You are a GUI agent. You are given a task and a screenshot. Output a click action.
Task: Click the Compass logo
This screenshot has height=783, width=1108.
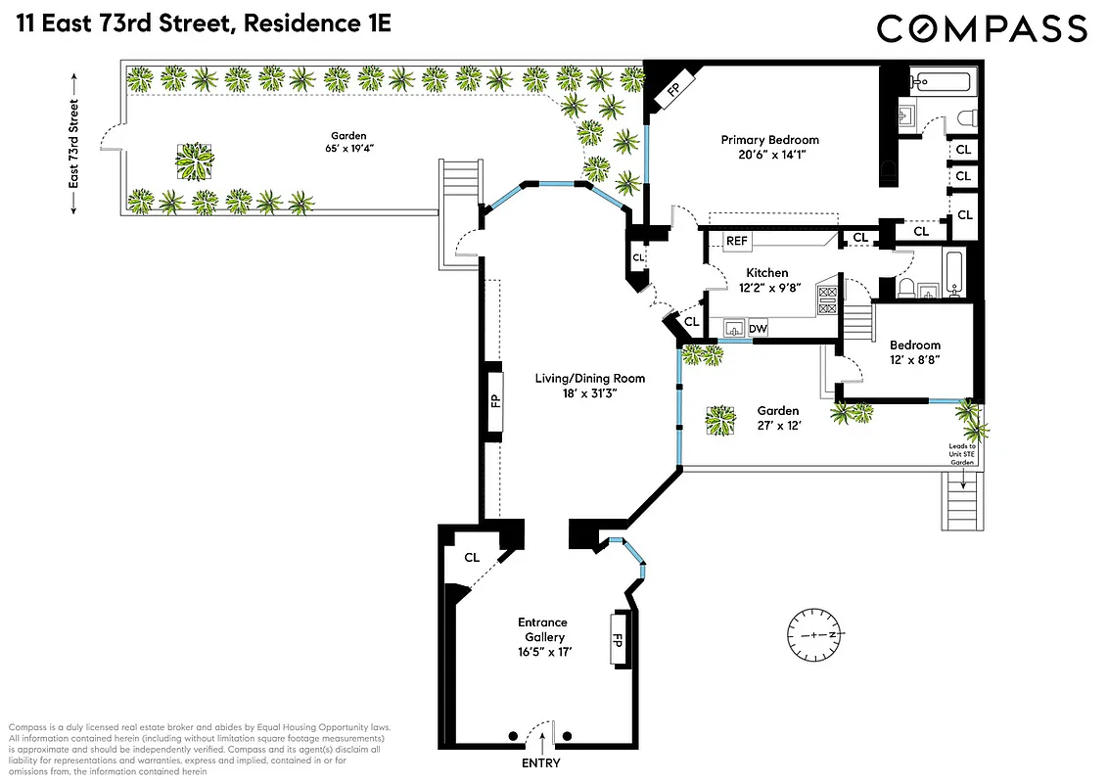[x=981, y=28]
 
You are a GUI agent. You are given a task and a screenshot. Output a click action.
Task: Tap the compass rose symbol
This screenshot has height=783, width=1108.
[x=814, y=635]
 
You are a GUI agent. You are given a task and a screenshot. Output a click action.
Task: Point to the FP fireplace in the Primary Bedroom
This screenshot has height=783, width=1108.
[x=671, y=90]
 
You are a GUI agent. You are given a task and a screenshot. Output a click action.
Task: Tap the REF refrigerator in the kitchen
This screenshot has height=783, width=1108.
[x=737, y=241]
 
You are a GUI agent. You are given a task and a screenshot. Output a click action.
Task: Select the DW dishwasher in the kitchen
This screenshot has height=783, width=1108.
[x=758, y=330]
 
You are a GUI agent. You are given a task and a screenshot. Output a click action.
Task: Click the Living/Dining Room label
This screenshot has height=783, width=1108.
[x=589, y=378]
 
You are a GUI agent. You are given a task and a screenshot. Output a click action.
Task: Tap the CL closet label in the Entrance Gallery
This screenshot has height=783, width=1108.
[x=472, y=557]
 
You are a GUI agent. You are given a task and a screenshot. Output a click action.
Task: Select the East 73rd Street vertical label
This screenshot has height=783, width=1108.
[x=73, y=157]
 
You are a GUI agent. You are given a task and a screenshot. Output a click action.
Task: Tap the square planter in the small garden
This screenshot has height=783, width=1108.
[x=720, y=421]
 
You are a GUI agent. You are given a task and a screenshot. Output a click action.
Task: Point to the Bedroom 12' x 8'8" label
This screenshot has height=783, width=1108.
[x=914, y=352]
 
